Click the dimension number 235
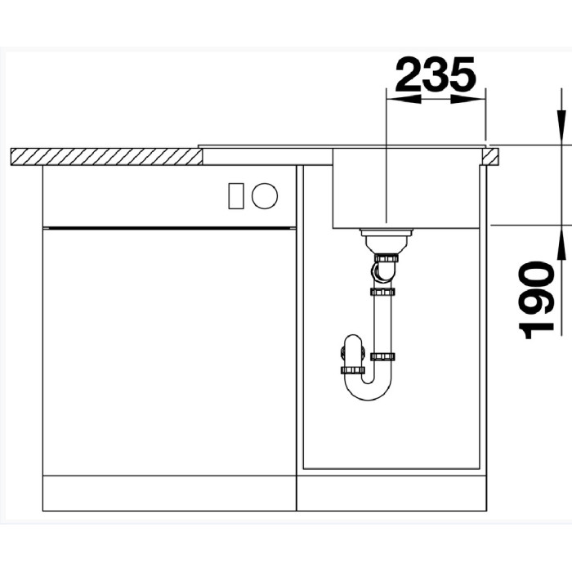click(436, 75)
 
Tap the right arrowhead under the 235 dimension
click(468, 100)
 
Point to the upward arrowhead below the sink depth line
click(561, 238)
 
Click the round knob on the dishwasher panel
click(265, 194)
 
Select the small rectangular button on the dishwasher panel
click(236, 194)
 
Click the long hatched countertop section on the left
click(106, 155)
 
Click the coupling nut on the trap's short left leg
click(352, 369)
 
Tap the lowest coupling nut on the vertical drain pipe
click(382, 356)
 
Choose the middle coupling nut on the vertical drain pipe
click(382, 291)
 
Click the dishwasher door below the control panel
click(168, 351)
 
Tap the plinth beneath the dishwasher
click(168, 494)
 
